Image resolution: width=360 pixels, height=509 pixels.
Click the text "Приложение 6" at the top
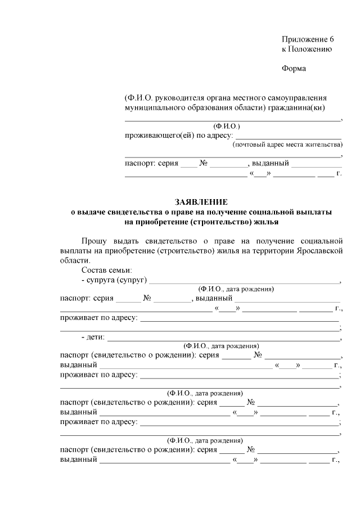click(x=308, y=39)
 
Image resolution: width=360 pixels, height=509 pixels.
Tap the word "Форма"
click(x=294, y=69)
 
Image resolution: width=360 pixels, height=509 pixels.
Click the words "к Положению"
click(x=307, y=49)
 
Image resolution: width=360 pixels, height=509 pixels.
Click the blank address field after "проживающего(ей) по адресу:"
click(x=288, y=136)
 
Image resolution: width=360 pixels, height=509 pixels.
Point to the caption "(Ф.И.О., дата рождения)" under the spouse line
click(x=236, y=289)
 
